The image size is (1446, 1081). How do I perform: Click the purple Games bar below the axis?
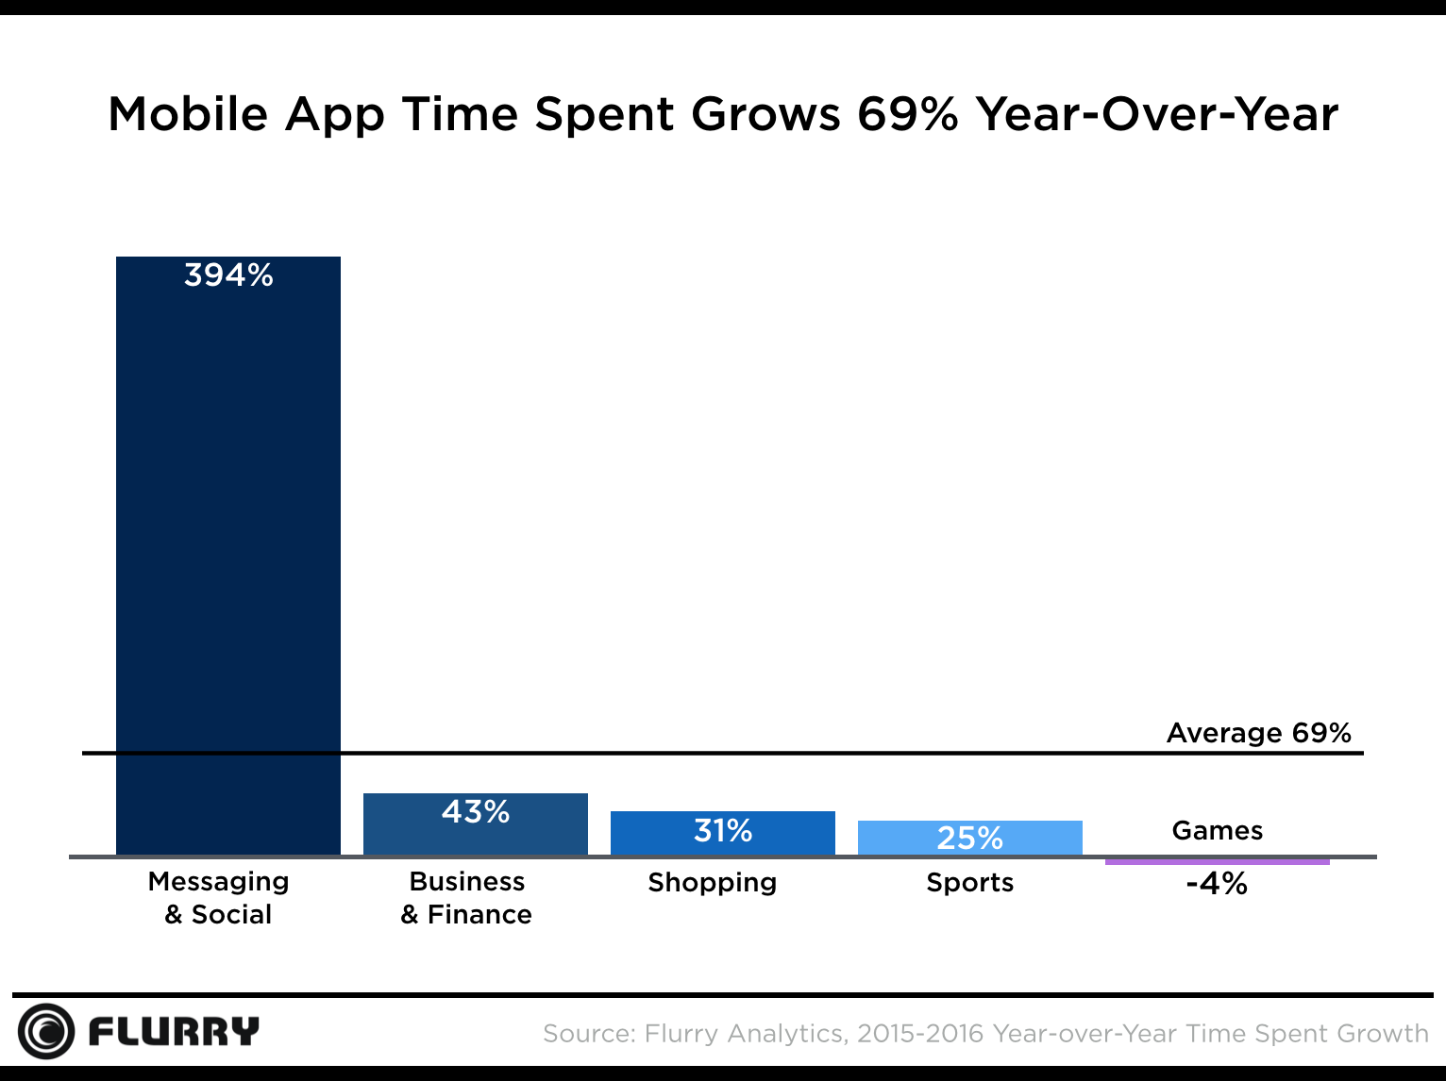1217,861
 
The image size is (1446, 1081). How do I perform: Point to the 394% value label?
228,275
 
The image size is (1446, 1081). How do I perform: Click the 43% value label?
476,812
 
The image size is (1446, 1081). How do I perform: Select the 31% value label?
723,831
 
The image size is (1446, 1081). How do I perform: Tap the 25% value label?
969,838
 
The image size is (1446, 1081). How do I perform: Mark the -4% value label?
1217,884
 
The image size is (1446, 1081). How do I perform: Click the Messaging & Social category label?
219,898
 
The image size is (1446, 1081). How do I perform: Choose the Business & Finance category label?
466,898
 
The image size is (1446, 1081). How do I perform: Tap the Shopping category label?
713,883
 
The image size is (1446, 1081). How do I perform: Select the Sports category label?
969,883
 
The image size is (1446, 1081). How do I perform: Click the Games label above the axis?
1217,831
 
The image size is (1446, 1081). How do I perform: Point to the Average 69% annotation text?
1258,733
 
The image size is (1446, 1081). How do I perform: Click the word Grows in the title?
765,115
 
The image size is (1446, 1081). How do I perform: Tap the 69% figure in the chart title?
907,115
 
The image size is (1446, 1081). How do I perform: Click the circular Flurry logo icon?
45,1031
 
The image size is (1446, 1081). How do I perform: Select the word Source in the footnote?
588,1034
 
